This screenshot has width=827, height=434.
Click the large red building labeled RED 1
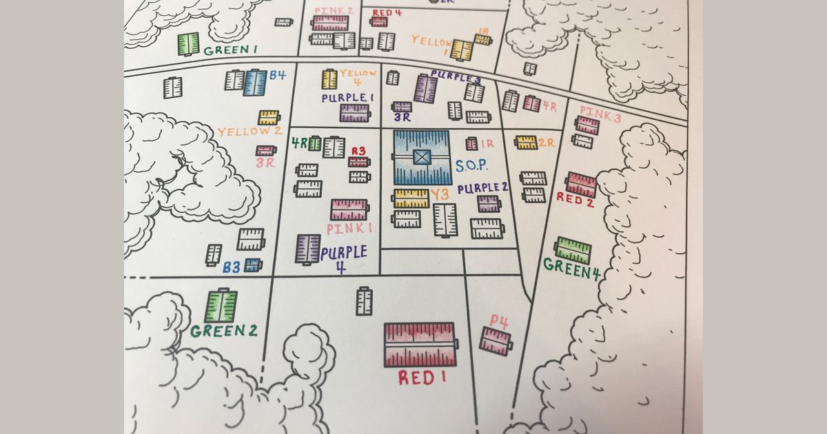tap(420, 344)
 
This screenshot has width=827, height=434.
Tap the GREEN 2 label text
tap(223, 331)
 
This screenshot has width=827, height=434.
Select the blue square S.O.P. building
tap(422, 157)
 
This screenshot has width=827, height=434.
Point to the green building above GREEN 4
tap(573, 250)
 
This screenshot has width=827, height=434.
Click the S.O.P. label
tap(471, 166)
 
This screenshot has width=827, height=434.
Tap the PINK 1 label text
tap(349, 228)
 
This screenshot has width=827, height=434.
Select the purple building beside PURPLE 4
tap(307, 249)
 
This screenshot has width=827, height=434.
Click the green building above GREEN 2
tap(221, 306)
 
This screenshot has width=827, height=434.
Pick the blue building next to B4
tap(254, 83)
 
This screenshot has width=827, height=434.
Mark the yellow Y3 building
tap(411, 198)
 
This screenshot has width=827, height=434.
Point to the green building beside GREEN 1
tap(188, 43)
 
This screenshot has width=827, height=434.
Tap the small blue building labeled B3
tap(253, 265)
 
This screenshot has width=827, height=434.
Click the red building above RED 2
tap(581, 184)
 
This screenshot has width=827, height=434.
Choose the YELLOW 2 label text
tap(249, 131)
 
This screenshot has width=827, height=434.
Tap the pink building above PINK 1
tap(349, 209)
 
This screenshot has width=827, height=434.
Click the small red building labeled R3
tap(358, 162)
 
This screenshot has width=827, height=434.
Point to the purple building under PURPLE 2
tap(488, 203)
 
